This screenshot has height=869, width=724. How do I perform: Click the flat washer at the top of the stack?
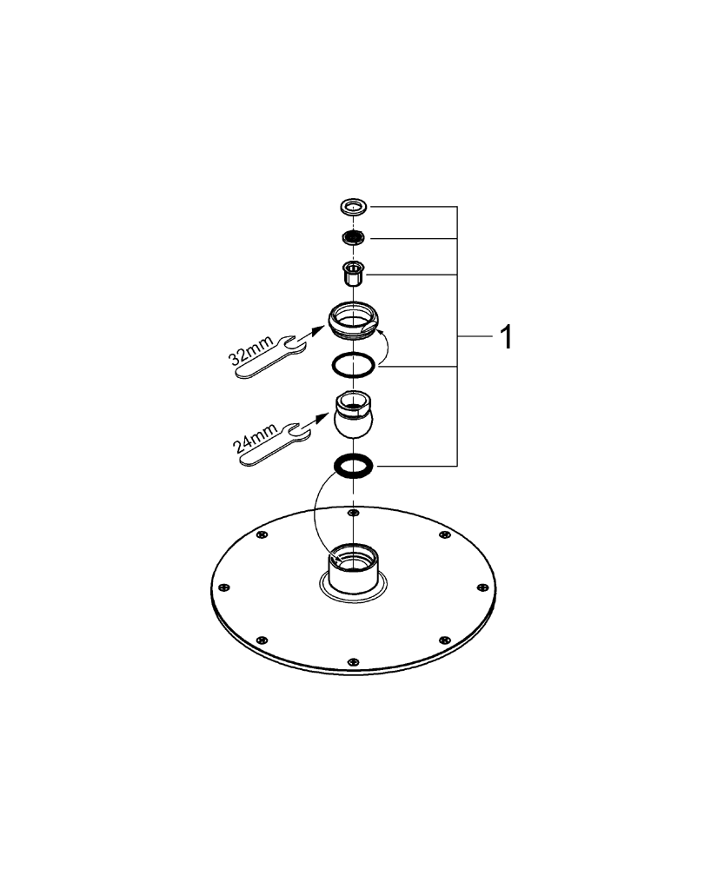pyautogui.click(x=354, y=208)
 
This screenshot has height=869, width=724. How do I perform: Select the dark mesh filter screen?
pyautogui.click(x=354, y=238)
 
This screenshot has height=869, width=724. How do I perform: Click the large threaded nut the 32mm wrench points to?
pyautogui.click(x=353, y=319)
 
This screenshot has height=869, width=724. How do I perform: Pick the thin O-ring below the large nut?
pyautogui.click(x=353, y=366)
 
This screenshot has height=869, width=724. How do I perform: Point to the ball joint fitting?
pyautogui.click(x=353, y=415)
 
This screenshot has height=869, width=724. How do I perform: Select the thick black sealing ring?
pyautogui.click(x=353, y=466)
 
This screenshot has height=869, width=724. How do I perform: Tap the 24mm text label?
pyautogui.click(x=255, y=438)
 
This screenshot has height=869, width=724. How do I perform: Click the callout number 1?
pyautogui.click(x=506, y=337)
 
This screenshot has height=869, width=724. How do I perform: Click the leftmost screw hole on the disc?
pyautogui.click(x=223, y=587)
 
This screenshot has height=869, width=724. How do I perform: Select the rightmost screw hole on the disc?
pyautogui.click(x=484, y=587)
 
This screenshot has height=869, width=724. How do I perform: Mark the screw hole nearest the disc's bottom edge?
pyautogui.click(x=353, y=661)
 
